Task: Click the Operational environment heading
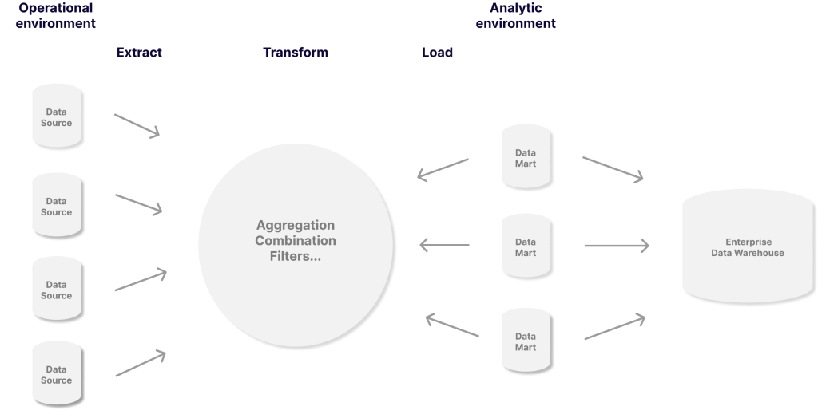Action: [56, 15]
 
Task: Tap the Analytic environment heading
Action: [515, 15]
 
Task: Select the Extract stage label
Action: [139, 53]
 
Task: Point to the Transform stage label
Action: [296, 53]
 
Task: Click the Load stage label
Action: [437, 53]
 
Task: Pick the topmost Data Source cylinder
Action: [57, 116]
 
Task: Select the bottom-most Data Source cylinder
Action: [57, 374]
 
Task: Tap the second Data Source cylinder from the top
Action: [57, 206]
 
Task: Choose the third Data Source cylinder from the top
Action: [57, 289]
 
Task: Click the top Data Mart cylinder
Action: [526, 157]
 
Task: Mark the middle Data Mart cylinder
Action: [526, 246]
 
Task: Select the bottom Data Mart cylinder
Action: [526, 341]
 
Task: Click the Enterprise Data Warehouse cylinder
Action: [748, 246]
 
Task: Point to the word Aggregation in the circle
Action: [296, 226]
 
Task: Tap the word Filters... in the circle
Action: [296, 257]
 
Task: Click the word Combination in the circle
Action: [296, 241]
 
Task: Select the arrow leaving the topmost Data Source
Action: [137, 125]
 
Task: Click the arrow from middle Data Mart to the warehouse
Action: [616, 246]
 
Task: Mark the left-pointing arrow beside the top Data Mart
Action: [443, 168]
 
